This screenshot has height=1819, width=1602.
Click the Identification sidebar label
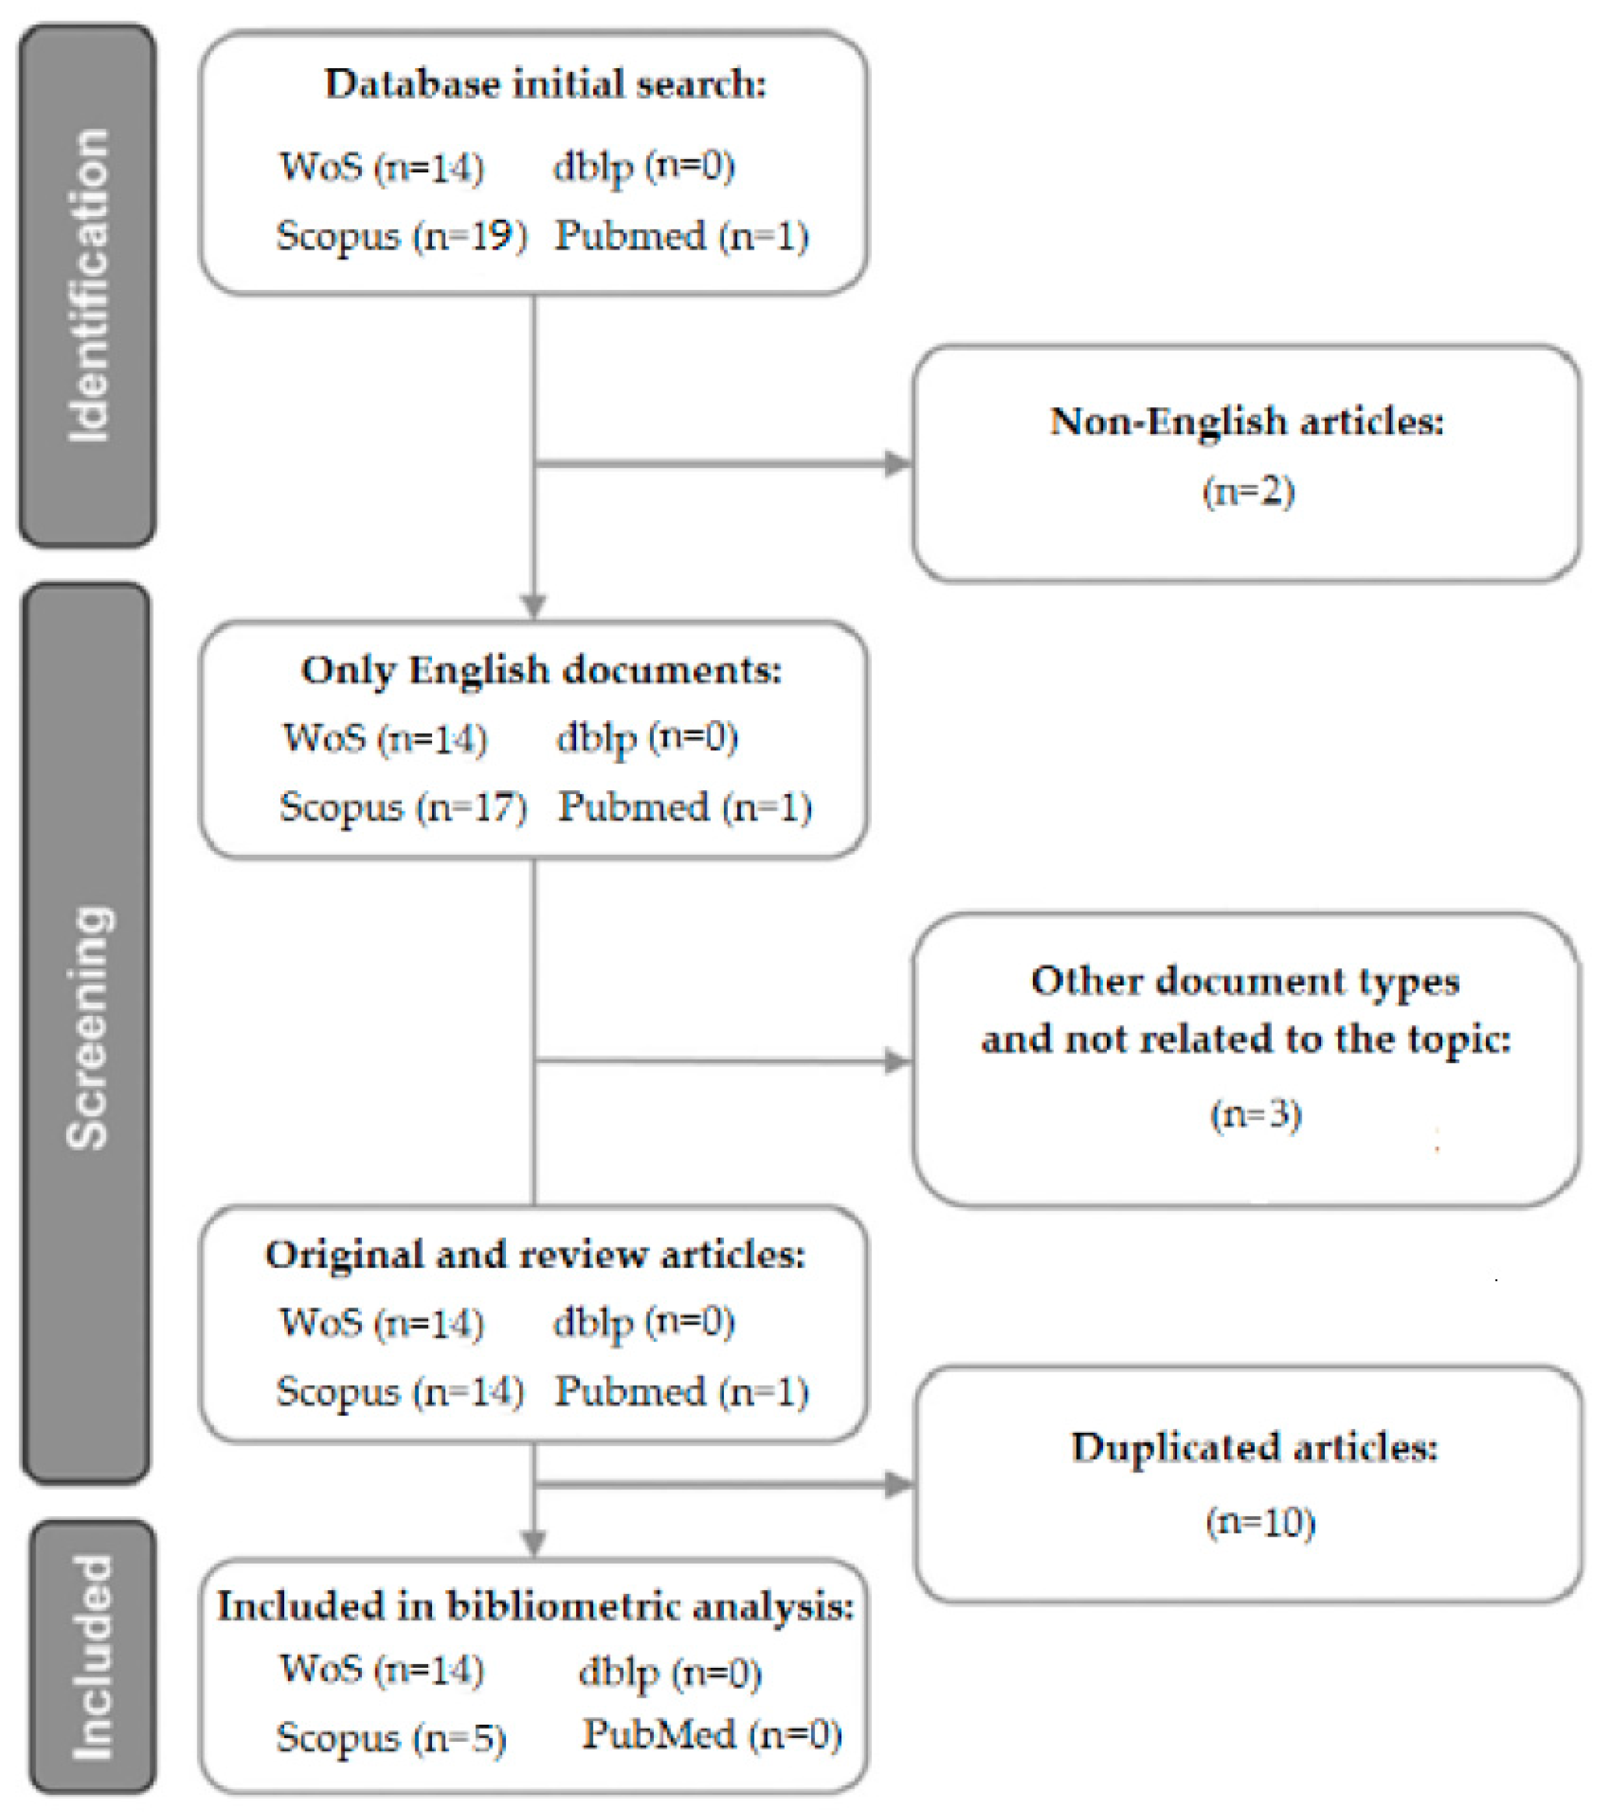click(89, 285)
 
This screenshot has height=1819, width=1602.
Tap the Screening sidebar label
click(89, 1028)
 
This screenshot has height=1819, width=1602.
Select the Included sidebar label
click(92, 1657)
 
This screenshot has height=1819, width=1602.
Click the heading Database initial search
click(545, 85)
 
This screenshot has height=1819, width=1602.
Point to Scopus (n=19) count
click(401, 236)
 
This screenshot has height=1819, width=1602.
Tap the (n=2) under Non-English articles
click(1248, 491)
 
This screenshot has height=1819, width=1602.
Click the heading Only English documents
click(541, 670)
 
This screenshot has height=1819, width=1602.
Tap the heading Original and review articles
click(535, 1255)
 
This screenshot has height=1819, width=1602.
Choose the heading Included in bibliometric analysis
click(535, 1606)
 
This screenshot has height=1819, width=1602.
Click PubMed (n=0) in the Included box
click(712, 1734)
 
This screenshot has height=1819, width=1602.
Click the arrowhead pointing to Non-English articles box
click(897, 463)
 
